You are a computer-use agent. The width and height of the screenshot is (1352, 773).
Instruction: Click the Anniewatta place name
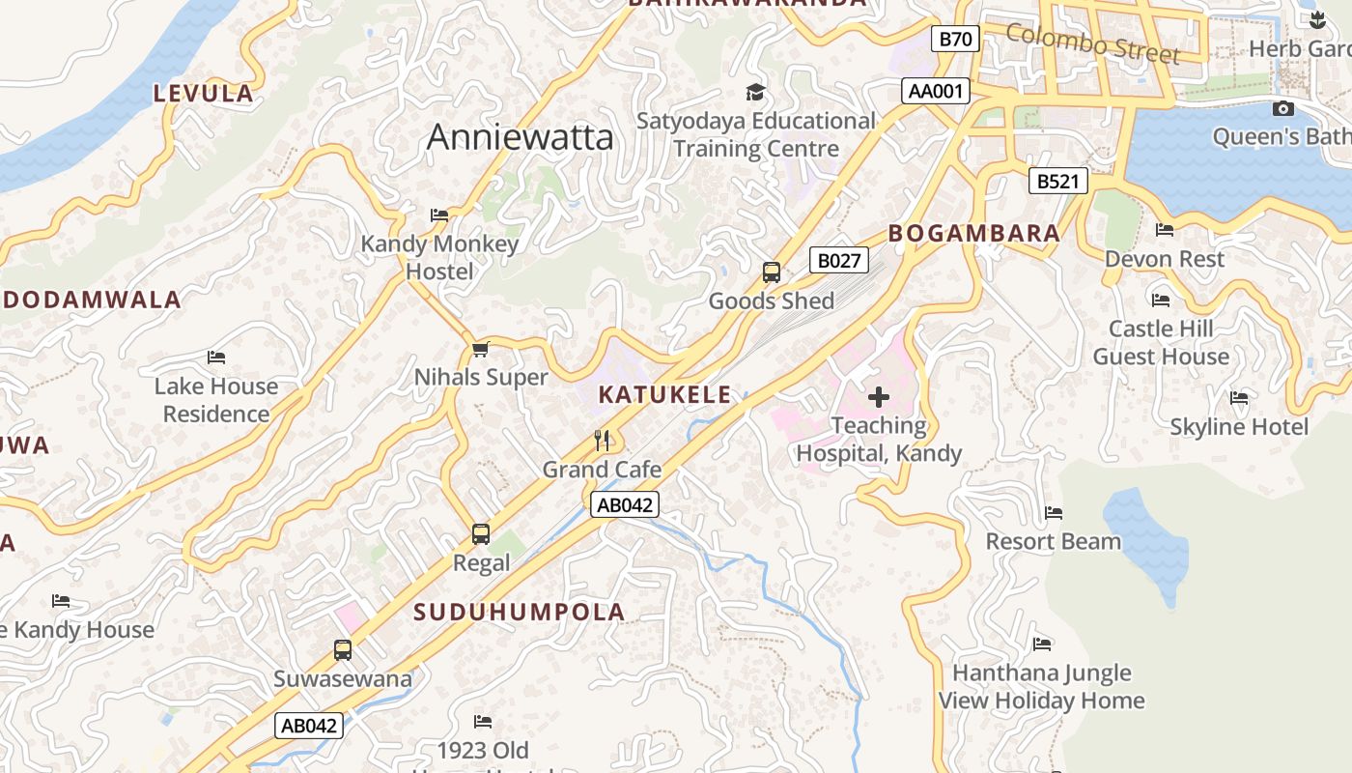tap(520, 137)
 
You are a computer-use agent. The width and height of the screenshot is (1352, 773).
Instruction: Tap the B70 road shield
tap(955, 39)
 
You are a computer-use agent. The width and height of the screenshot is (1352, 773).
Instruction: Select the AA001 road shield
tap(936, 91)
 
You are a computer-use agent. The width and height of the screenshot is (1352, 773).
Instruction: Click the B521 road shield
tap(1057, 181)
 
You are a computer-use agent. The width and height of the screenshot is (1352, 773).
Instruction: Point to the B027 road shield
tap(838, 260)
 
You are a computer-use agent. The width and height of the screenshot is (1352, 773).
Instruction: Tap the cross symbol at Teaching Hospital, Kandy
tap(879, 397)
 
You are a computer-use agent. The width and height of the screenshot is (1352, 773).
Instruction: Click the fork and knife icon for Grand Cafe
tap(603, 441)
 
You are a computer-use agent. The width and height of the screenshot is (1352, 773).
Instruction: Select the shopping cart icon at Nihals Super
tap(480, 349)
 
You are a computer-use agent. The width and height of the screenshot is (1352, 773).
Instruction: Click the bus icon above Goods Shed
tap(771, 272)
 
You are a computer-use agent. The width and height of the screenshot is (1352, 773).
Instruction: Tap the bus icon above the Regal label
tap(480, 533)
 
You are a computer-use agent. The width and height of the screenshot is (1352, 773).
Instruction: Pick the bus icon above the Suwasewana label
tap(343, 649)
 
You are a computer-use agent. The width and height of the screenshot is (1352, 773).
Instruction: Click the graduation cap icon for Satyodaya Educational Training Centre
tap(755, 92)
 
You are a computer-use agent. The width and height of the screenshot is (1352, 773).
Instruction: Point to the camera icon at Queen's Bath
tap(1283, 108)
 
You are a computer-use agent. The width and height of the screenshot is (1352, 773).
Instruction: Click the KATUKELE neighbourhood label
tap(664, 395)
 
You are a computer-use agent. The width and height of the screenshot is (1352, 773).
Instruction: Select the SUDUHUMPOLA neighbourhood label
tap(520, 612)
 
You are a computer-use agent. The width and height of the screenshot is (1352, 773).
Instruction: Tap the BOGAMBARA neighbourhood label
tap(973, 233)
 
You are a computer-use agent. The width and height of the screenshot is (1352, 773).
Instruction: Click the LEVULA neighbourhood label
tap(204, 94)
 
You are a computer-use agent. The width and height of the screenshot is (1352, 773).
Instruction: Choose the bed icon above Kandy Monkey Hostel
tap(439, 215)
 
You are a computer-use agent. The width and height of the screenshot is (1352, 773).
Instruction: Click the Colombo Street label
tap(1092, 43)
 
